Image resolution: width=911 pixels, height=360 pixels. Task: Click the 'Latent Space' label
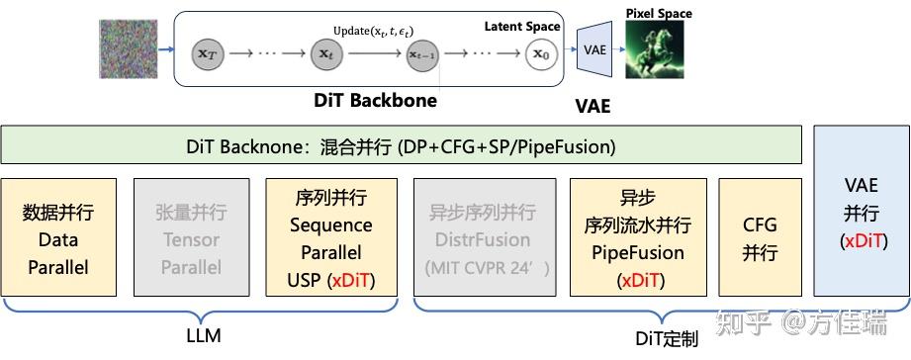coord(521,26)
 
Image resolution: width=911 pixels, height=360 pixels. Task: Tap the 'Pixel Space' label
coord(659,13)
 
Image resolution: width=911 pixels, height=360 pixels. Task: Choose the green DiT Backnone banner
coord(401,145)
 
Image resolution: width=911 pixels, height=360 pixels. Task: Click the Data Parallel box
coord(58,238)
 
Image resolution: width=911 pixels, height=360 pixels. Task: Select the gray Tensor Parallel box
coord(191,238)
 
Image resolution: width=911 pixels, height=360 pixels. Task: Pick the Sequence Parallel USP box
coord(329,238)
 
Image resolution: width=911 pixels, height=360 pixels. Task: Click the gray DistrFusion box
coord(482,238)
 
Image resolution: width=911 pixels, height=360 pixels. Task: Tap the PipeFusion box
coord(637,238)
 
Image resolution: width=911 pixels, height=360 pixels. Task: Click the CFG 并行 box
coord(760,238)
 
